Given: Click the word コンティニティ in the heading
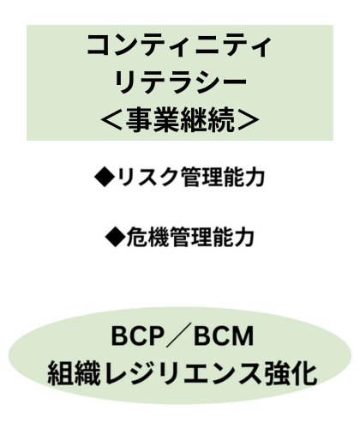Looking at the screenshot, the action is (x=179, y=46).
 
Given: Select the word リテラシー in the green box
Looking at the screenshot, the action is (x=181, y=82).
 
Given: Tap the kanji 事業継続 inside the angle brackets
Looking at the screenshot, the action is (x=180, y=120).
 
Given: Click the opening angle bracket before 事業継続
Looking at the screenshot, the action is (x=112, y=121).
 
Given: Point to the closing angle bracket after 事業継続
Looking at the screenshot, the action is (x=248, y=121).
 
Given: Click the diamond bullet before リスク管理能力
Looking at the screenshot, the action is (x=105, y=177).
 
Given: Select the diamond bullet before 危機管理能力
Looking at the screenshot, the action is (x=116, y=237).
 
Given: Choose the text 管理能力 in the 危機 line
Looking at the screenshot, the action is (x=212, y=237).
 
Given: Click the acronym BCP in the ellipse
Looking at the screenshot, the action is (x=138, y=336).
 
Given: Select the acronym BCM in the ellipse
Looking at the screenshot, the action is (x=224, y=336).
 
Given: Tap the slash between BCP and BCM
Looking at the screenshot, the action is (x=179, y=336).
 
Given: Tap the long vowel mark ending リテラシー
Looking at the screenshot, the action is (x=234, y=82).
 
